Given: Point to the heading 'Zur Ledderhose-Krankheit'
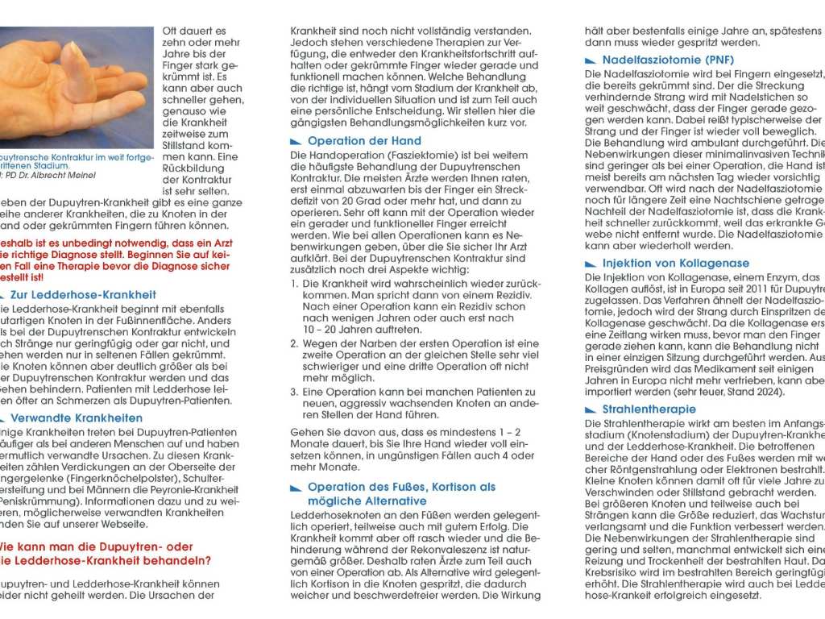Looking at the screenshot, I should coord(83,295).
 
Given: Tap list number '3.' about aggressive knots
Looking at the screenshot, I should coord(295,392).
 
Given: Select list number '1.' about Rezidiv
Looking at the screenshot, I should coord(295,285).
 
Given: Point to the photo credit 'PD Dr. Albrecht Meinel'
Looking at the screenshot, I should coord(48,175).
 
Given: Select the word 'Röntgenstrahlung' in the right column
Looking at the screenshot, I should coord(645,468).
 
